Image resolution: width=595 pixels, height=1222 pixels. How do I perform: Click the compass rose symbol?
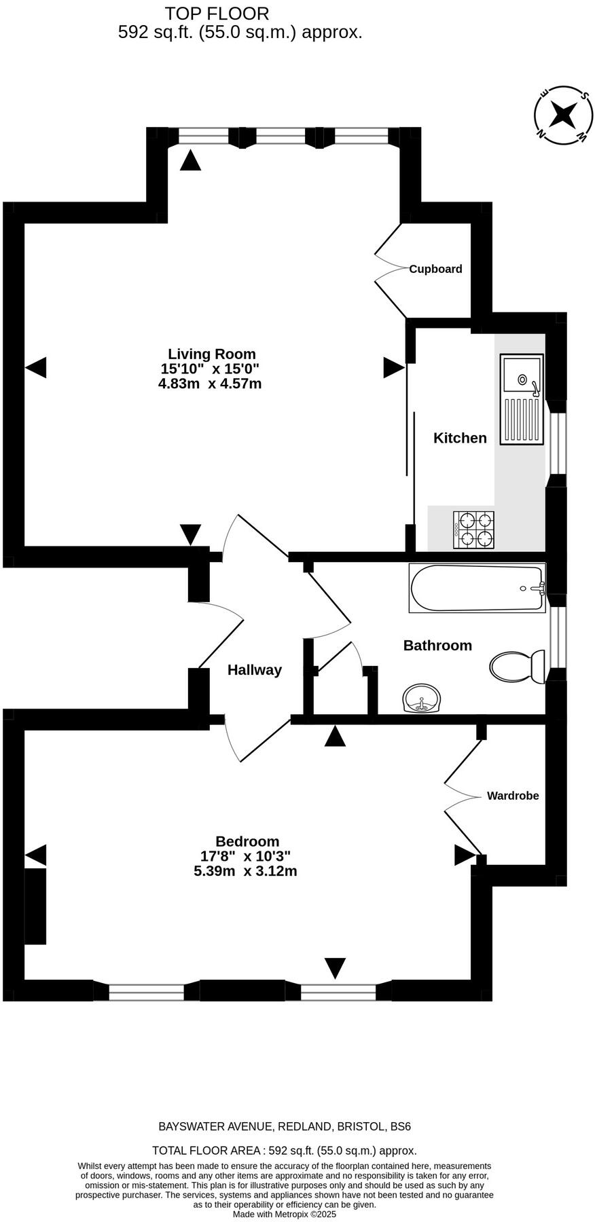click(562, 115)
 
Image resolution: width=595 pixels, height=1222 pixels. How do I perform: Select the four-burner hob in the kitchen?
click(475, 530)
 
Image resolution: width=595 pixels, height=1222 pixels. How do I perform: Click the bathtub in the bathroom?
click(477, 588)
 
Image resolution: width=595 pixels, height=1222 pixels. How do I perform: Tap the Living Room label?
click(212, 354)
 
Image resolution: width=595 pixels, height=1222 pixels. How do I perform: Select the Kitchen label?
click(460, 438)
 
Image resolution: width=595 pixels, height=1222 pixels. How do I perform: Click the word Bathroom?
click(437, 645)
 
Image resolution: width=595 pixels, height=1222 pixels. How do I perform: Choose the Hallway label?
click(254, 670)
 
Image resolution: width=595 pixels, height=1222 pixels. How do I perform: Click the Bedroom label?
click(247, 841)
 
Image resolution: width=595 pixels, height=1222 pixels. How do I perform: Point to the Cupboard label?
click(435, 269)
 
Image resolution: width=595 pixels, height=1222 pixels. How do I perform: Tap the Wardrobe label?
click(513, 796)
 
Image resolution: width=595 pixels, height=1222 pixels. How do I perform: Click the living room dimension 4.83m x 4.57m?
click(210, 384)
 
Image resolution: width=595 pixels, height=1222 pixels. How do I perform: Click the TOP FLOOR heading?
click(217, 13)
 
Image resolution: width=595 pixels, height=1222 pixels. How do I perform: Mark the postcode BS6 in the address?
click(400, 1126)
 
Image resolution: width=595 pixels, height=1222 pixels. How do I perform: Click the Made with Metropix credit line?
click(285, 1214)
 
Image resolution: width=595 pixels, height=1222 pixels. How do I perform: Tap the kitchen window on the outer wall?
click(557, 443)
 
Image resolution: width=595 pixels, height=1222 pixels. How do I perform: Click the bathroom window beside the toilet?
click(557, 637)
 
